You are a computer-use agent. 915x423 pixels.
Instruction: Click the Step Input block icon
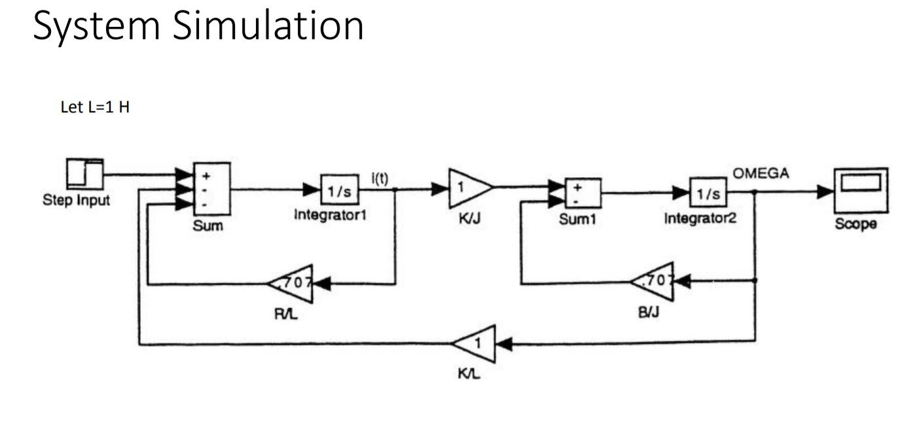pyautogui.click(x=84, y=175)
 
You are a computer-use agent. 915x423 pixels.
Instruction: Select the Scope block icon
pyautogui.click(x=860, y=190)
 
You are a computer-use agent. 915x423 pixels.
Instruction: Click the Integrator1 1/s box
pyautogui.click(x=339, y=190)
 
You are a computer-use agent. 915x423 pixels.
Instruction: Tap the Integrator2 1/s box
pyautogui.click(x=708, y=193)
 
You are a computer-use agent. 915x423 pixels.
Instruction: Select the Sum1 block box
pyautogui.click(x=583, y=192)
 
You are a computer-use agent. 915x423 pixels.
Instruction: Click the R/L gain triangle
pyautogui.click(x=292, y=283)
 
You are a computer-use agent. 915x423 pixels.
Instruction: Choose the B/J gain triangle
pyautogui.click(x=654, y=282)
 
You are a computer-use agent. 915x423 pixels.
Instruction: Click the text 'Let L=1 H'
pyautogui.click(x=94, y=109)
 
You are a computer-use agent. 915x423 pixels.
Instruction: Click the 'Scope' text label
pyautogui.click(x=855, y=224)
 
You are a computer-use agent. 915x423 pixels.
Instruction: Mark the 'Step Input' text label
pyautogui.click(x=76, y=200)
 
